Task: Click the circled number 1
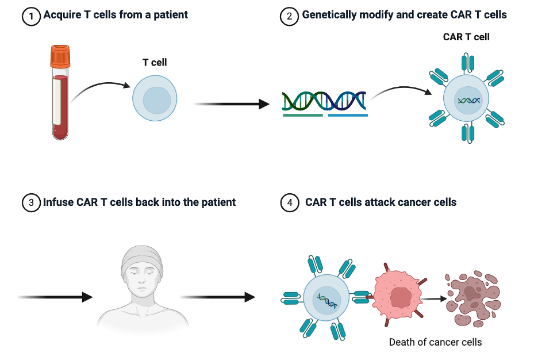click(30, 16)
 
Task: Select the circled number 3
click(30, 202)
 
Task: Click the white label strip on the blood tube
click(57, 101)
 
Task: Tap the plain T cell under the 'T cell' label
click(155, 100)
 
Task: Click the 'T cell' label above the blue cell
click(155, 62)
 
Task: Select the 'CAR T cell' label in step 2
click(466, 37)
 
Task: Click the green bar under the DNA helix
click(303, 115)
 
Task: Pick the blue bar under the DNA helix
click(348, 115)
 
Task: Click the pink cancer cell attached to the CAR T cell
click(397, 297)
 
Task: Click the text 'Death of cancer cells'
click(435, 342)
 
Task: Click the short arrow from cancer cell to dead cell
click(434, 298)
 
